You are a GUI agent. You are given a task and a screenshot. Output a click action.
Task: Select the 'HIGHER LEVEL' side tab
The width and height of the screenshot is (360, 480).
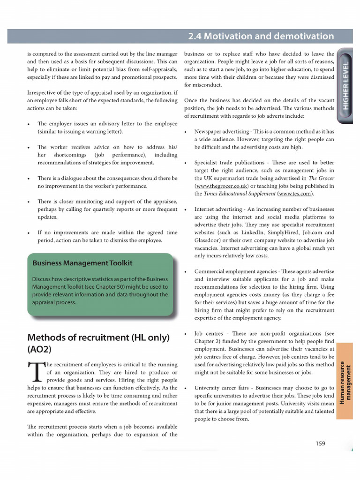click(x=346, y=85)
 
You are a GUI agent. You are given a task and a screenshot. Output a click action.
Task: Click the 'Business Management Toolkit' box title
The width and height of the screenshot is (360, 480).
click(x=82, y=263)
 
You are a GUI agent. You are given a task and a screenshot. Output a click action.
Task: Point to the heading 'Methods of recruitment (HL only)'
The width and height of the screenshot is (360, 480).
click(x=98, y=337)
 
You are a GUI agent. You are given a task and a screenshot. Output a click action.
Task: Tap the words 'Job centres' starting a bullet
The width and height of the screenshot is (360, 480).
click(x=210, y=333)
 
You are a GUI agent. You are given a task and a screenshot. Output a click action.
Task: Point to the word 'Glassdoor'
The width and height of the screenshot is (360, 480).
click(x=209, y=240)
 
